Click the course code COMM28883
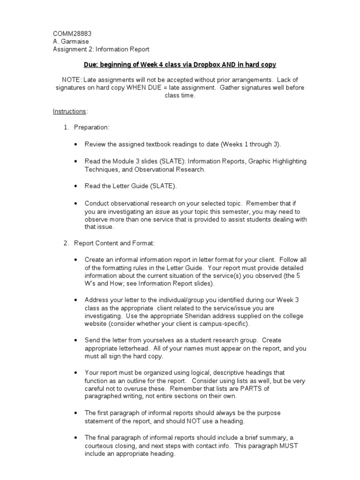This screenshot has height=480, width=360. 72,34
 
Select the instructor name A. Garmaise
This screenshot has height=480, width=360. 71,41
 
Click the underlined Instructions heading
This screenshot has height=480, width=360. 69,111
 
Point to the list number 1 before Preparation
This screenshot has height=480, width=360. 66,127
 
